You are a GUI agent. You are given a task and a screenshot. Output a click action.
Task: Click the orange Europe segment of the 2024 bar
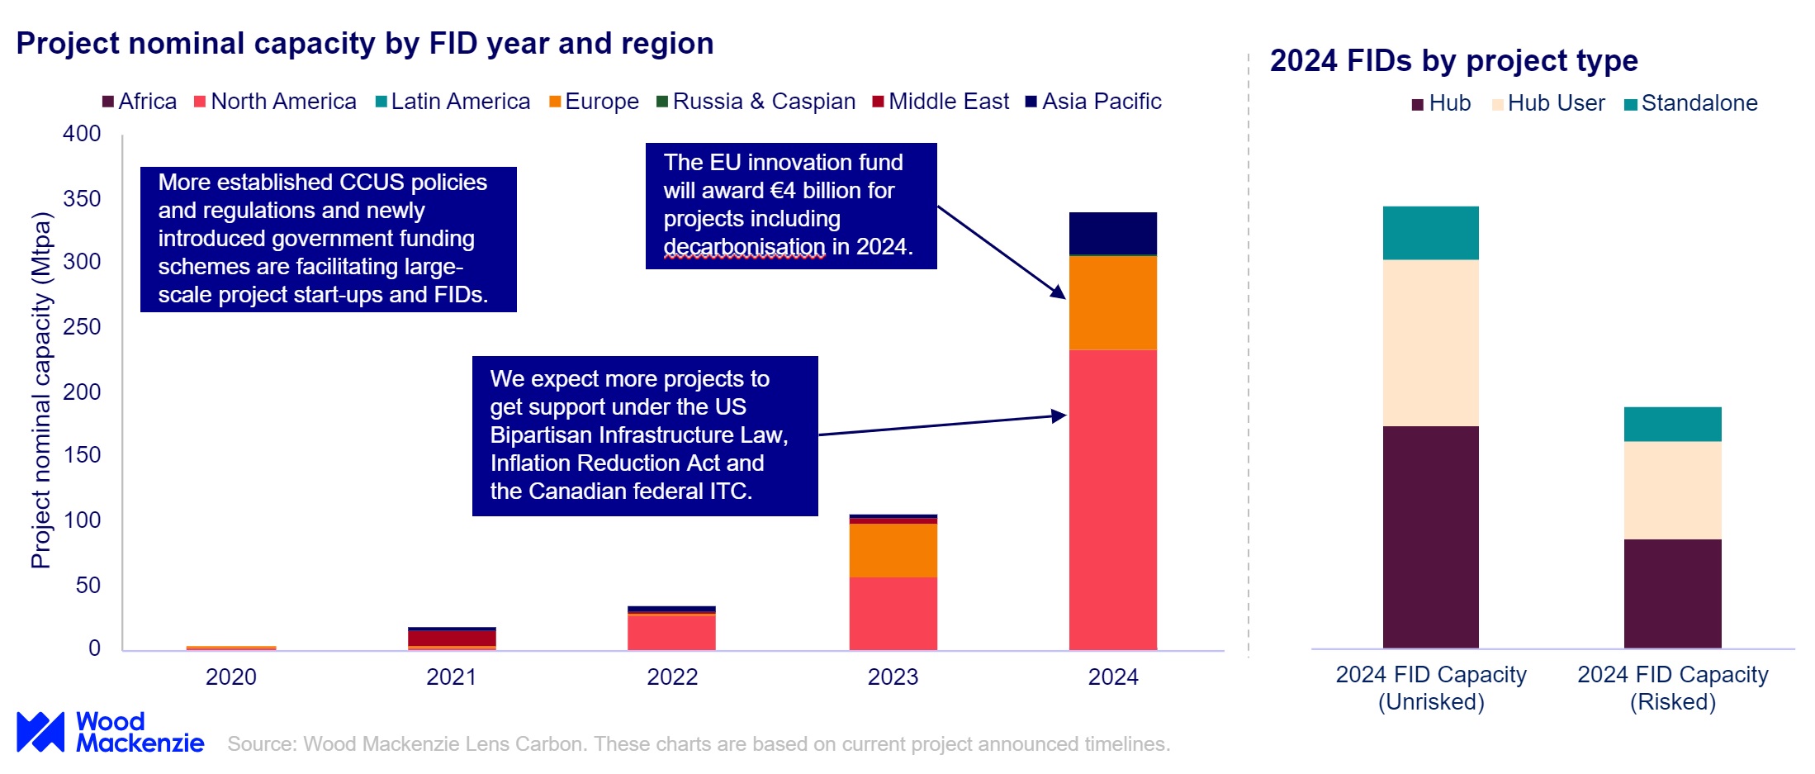(1112, 303)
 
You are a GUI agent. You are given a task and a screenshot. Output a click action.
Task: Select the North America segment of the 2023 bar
(893, 613)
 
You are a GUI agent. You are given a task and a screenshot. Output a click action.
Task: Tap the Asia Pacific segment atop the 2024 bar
(1112, 234)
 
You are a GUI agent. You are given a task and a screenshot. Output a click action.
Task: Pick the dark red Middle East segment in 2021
(452, 638)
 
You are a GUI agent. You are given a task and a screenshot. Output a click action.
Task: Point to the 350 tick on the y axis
(82, 198)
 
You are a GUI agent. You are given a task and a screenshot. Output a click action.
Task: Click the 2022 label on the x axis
(671, 677)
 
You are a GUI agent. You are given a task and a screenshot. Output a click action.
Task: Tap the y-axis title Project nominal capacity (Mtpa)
(40, 390)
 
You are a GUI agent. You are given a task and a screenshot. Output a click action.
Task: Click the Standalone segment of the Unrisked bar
(1430, 233)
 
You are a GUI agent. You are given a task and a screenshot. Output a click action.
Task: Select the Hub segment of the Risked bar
(1672, 593)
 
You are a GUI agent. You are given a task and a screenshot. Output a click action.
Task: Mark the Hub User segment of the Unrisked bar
(1430, 343)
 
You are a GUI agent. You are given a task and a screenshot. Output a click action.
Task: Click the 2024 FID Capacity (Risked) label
(1672, 687)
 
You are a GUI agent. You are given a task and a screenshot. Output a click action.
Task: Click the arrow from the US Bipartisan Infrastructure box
(941, 425)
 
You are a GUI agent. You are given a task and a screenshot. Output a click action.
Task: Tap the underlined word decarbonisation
(744, 247)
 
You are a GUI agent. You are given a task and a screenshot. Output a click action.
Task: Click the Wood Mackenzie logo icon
(40, 732)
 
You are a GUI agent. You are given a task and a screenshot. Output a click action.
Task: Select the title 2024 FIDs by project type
(1453, 61)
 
